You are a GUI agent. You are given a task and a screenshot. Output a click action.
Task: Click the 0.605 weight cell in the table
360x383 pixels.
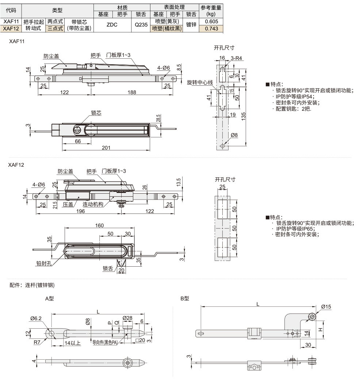coord(211,22)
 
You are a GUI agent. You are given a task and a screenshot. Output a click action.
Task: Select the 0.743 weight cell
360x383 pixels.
coord(211,28)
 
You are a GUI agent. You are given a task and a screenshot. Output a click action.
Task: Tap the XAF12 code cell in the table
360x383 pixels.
coord(11,28)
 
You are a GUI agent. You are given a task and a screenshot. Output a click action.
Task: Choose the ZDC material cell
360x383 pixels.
coord(112,25)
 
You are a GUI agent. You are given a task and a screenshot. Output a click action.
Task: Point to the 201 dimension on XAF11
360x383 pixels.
coord(106,147)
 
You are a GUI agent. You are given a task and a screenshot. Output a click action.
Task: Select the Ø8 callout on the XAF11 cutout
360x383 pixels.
coord(234,135)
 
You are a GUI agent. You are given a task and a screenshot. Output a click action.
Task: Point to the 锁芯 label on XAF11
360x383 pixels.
coord(96,113)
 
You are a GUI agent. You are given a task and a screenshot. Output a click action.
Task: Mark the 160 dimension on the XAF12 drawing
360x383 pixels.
coord(99,225)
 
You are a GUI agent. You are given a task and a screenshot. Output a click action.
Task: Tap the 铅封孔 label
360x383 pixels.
coord(43,263)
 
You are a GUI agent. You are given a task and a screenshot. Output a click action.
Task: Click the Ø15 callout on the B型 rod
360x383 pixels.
coord(326,307)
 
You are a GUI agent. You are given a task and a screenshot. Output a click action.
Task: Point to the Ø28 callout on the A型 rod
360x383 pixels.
coord(127,317)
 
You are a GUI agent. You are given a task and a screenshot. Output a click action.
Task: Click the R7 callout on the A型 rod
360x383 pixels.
coord(37,343)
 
